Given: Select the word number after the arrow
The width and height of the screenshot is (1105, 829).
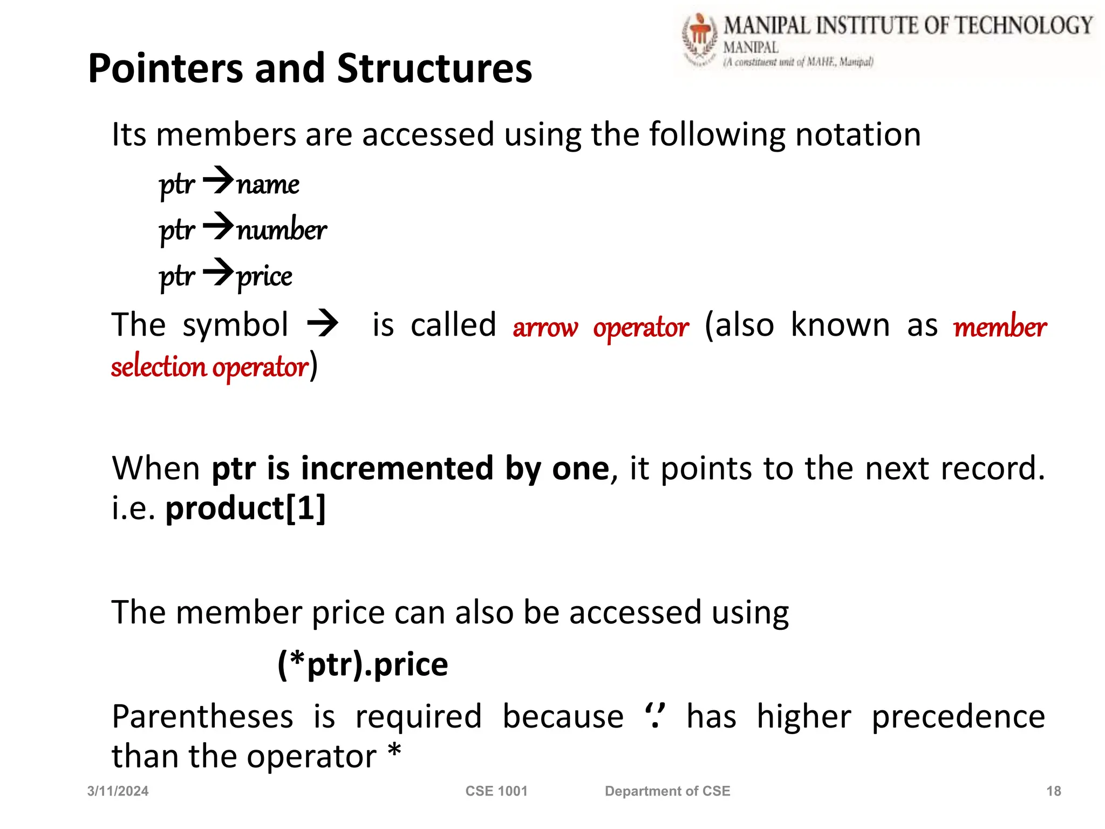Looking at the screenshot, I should [282, 229].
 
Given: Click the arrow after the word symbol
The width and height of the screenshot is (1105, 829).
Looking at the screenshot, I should [323, 324].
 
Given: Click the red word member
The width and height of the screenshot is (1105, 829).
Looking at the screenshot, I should [1000, 327].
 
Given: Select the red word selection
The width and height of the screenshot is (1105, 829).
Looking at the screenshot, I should [159, 367].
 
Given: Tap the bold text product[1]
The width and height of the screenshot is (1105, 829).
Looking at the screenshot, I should [245, 508].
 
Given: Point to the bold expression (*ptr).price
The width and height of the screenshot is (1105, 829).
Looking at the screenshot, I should [363, 664].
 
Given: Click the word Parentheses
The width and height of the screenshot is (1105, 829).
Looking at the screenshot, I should [202, 717].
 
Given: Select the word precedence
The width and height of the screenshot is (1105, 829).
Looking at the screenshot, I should [958, 717].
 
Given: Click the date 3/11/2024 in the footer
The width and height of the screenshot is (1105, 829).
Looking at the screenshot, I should [118, 791].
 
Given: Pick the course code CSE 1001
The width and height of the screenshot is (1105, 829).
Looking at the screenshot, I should [496, 791].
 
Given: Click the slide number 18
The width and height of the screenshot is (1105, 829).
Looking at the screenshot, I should [1053, 791].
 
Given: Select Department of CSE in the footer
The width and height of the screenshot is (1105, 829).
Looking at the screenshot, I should [667, 791].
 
